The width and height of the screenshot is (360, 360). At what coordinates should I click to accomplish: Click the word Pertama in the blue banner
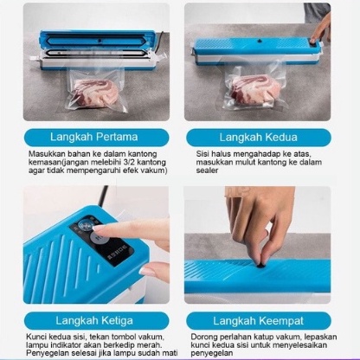tap(117, 137)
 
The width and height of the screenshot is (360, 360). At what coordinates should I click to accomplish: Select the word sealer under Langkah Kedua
tap(207, 170)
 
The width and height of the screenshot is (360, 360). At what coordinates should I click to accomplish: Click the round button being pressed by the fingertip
tap(85, 224)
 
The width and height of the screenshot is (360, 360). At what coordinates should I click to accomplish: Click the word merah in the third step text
tap(151, 344)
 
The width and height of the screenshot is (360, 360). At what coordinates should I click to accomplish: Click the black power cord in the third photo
tap(101, 196)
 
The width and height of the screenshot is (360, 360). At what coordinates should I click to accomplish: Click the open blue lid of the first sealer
tap(99, 41)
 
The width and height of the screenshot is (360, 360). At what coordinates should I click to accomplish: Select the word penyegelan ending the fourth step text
tap(212, 353)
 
